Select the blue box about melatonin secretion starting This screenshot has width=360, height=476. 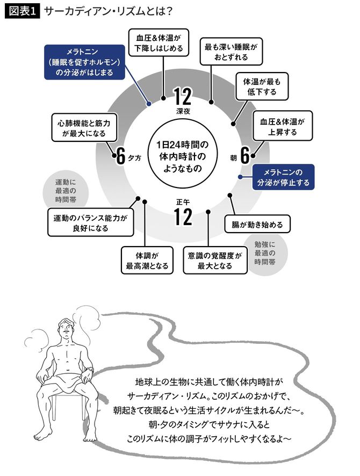click(84, 62)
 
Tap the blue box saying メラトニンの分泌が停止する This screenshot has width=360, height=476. click(283, 177)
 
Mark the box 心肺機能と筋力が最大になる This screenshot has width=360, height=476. click(80, 127)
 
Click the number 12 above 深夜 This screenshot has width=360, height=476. click(183, 97)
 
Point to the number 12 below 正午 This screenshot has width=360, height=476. click(183, 217)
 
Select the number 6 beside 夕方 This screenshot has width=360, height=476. click(121, 156)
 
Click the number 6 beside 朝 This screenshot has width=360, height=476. click(244, 156)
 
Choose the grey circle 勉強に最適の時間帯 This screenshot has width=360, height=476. click(264, 253)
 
